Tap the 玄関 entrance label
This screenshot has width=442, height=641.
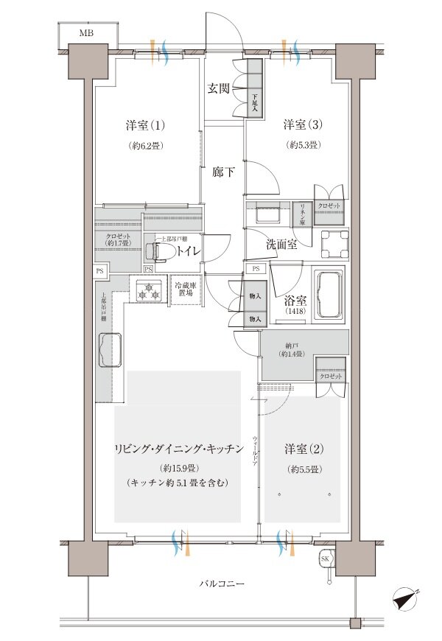(218, 88)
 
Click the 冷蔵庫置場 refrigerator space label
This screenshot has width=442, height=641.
(184, 288)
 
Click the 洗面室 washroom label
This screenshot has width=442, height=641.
(282, 244)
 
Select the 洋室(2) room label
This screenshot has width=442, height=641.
(302, 449)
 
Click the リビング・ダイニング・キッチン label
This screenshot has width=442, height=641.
(178, 449)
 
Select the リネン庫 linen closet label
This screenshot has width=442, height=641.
(302, 214)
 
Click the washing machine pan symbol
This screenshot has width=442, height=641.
(334, 242)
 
